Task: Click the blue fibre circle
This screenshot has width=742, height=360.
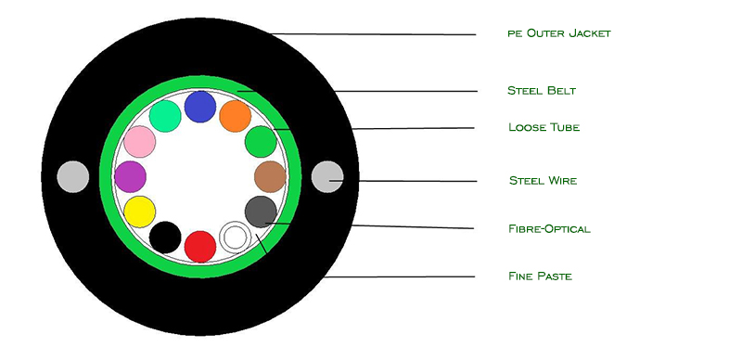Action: coord(200,107)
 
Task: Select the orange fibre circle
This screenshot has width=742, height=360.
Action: coord(236,116)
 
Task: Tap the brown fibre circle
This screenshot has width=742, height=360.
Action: coord(270,176)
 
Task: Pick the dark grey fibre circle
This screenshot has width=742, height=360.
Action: coord(261,212)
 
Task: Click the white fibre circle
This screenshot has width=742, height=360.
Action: coord(236,238)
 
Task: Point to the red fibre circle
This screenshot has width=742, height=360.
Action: coord(200,246)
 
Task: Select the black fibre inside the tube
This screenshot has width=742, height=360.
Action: coord(165,238)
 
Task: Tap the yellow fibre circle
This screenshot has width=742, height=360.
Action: coord(140,212)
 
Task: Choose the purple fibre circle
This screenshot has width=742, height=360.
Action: coord(130,176)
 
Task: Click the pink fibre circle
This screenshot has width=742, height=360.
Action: coord(140,141)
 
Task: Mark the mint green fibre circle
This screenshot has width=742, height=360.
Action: coord(165,116)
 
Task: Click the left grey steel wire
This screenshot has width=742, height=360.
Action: coord(73,176)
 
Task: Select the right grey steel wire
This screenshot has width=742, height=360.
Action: coord(327,176)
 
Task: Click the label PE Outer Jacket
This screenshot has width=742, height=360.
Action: coord(559,33)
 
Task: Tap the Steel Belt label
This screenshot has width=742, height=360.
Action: coord(542,91)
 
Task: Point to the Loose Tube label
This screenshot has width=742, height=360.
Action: coord(544,127)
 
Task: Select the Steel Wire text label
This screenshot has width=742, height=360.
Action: coord(543,181)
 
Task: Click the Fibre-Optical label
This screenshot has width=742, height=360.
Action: coord(549,229)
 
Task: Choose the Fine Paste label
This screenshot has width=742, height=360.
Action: coord(540,276)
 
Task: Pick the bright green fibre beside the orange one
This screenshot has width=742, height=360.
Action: coord(261,141)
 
